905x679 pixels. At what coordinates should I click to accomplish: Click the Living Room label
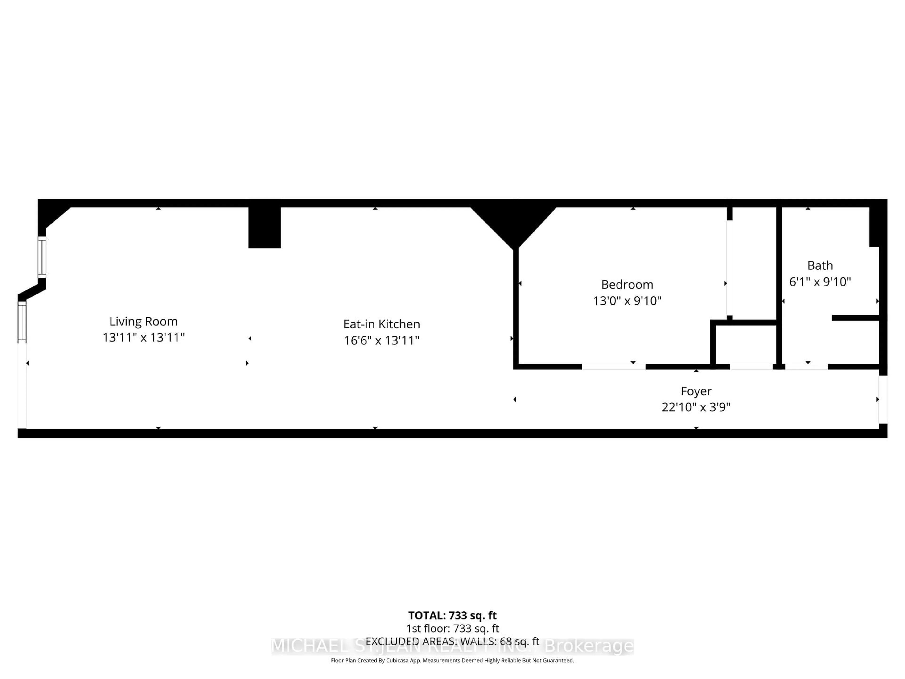click(143, 321)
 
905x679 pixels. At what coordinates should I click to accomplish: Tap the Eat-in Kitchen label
click(381, 324)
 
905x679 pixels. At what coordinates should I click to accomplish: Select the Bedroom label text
click(627, 285)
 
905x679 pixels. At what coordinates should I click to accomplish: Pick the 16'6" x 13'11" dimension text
click(381, 340)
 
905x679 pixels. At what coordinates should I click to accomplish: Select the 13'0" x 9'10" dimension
click(627, 301)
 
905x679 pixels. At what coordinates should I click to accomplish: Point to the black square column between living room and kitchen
click(264, 228)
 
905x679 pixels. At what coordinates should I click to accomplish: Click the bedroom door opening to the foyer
click(613, 367)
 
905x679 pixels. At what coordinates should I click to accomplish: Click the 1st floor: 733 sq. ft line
click(452, 629)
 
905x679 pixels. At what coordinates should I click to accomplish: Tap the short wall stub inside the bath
click(855, 318)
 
